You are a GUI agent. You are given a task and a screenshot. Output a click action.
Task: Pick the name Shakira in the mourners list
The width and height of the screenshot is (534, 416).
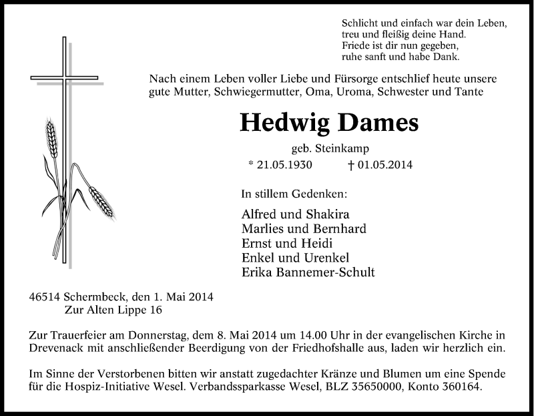click(324, 214)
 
